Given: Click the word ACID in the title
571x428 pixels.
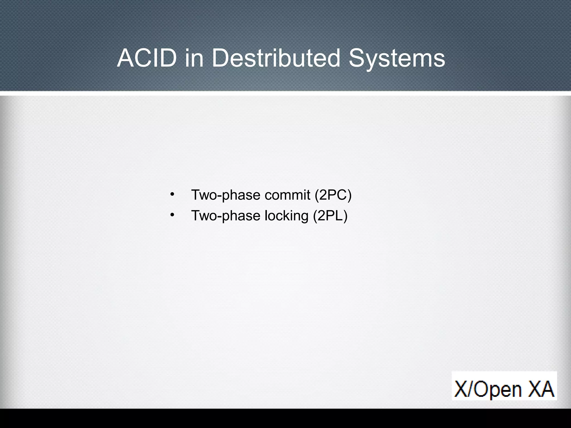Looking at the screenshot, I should (147, 58).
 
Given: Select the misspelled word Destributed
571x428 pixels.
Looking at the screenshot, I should (276, 58).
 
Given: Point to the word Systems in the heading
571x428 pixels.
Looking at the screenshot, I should (397, 58).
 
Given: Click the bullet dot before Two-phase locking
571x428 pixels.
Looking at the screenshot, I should (172, 215).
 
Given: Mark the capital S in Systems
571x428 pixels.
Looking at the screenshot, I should (357, 58).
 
